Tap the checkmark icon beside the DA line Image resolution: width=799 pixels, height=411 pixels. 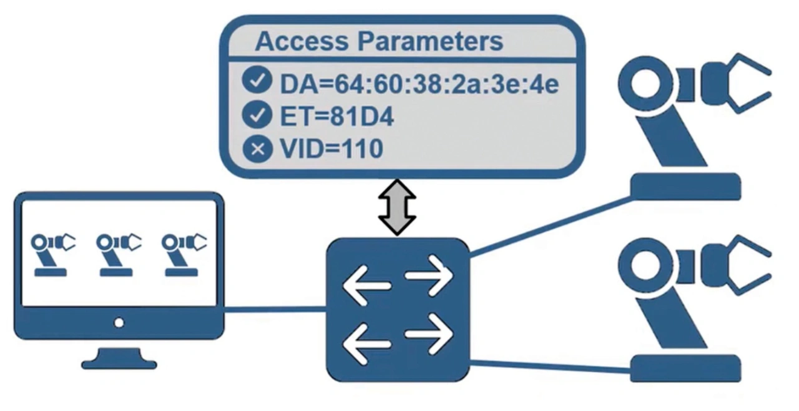(x=257, y=82)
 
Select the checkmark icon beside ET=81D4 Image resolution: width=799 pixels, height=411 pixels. (x=257, y=116)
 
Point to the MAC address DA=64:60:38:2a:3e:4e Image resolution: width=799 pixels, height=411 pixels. (x=419, y=83)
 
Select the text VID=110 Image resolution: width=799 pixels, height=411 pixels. (x=331, y=149)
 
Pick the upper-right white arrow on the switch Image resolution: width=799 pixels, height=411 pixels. (x=429, y=275)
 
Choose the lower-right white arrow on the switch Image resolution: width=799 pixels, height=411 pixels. (x=429, y=333)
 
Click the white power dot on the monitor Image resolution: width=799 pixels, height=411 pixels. (x=119, y=323)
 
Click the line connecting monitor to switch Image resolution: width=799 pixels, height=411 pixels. (x=275, y=309)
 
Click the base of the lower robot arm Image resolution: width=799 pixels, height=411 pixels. (x=685, y=368)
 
